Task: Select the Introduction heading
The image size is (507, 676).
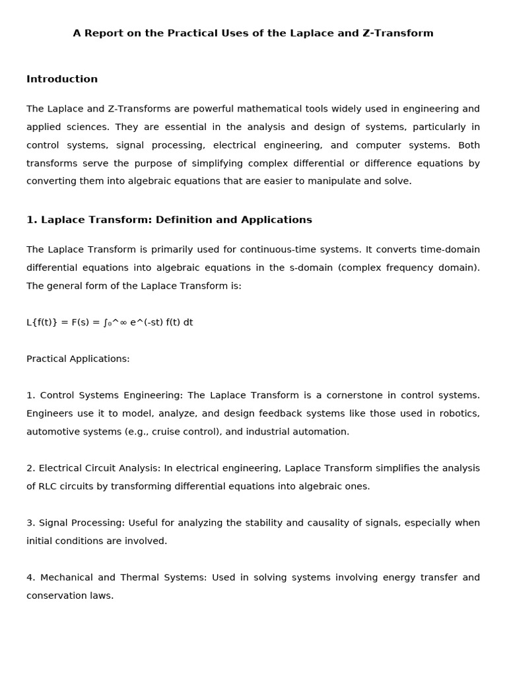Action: pos(62,79)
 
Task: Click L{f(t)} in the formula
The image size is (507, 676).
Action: pos(41,323)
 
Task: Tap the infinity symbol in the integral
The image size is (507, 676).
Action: pos(123,323)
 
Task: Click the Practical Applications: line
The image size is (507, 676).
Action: pos(78,359)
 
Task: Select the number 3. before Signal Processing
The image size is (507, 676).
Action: pos(31,523)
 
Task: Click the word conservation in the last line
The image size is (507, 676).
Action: pos(55,595)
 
